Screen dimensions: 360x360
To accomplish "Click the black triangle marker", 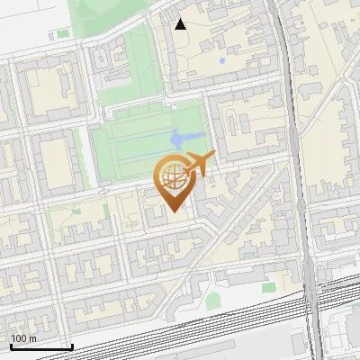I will pos(181,24).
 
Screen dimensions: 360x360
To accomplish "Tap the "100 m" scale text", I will pos(23,338).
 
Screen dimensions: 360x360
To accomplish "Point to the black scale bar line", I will pos(41,346).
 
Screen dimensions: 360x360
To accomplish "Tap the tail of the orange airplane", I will pos(211,158).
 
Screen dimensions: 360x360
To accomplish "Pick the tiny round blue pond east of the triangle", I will pos(221,62).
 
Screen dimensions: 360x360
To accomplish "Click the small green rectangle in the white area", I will pos(62,34).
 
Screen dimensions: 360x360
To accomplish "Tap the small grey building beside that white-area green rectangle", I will pos(50,36).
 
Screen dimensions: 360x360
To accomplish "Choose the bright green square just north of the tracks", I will pos(268,287).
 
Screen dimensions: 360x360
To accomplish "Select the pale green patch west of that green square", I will pos(212,299).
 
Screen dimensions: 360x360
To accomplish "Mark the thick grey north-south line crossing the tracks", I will pos(310,306).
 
